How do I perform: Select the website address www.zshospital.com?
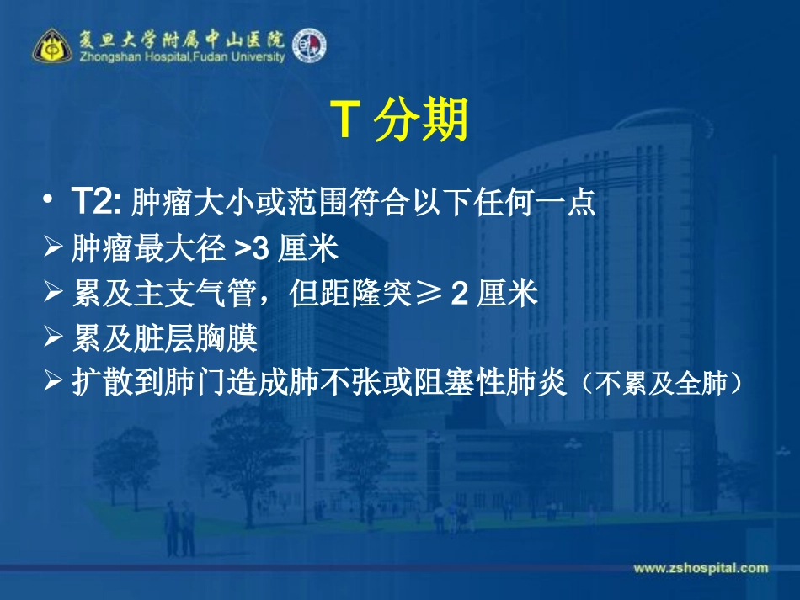coord(701,568)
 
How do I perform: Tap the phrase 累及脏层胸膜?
coord(165,339)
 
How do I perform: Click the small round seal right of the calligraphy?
coord(309,45)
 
